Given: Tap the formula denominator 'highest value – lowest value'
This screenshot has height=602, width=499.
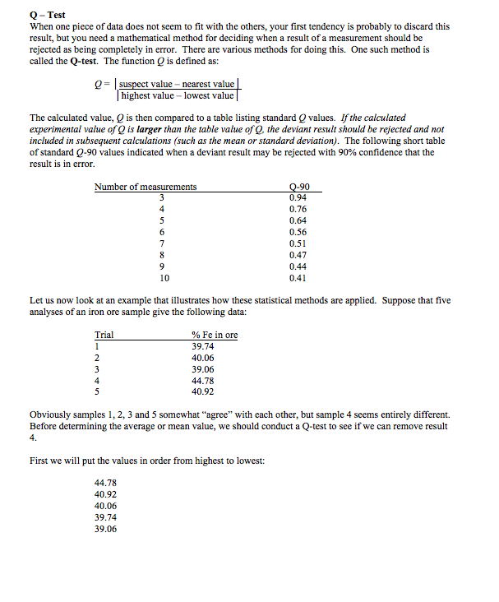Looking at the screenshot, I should (178, 96).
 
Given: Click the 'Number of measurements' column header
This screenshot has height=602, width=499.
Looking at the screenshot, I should (146, 187).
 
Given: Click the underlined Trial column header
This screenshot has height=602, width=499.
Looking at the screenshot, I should (104, 336).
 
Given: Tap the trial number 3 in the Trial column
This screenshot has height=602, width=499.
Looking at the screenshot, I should (98, 369).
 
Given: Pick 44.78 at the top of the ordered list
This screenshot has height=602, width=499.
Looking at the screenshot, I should (106, 483).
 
